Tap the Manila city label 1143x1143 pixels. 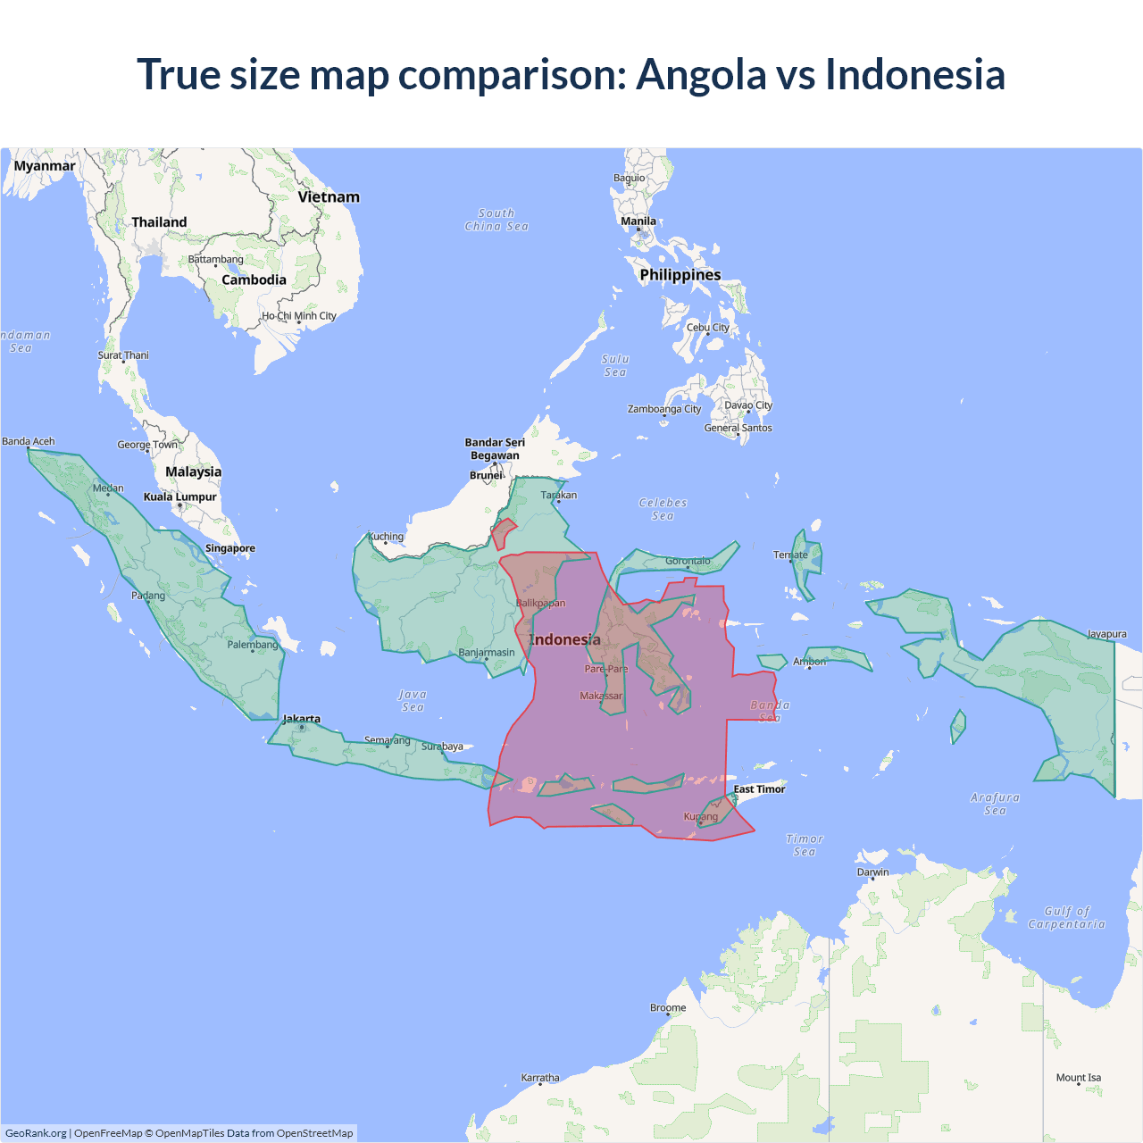tap(638, 221)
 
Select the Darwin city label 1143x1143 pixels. tap(872, 872)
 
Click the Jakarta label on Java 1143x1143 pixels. tap(301, 719)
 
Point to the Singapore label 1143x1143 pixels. tap(229, 548)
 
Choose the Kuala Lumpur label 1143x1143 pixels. tap(179, 496)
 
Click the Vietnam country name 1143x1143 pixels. tap(329, 197)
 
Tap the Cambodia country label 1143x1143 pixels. tap(254, 279)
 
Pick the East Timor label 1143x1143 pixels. tap(759, 789)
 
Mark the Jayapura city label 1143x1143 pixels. tap(1106, 634)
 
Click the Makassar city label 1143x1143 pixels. tap(601, 696)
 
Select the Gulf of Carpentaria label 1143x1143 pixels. tap(1066, 918)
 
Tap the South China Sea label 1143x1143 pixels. tap(496, 220)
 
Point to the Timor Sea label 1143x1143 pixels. tap(805, 845)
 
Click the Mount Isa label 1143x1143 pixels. tap(1078, 1078)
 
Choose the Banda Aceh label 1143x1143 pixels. tap(29, 441)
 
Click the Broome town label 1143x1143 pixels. tap(668, 1007)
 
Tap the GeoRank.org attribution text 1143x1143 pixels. tap(36, 1133)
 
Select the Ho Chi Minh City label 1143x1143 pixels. tap(299, 315)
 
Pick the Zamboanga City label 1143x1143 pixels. tap(663, 409)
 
